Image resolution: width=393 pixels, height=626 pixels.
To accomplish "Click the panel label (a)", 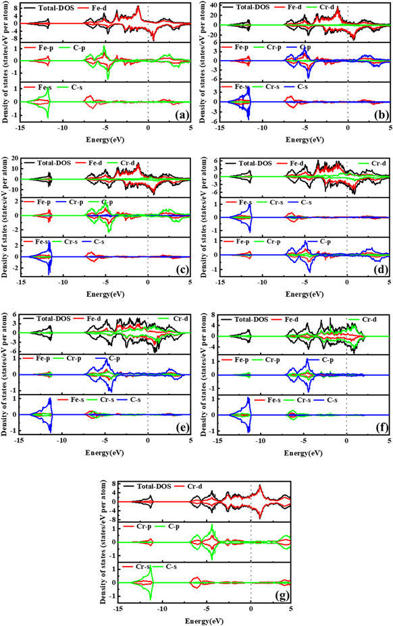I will coord(180,114).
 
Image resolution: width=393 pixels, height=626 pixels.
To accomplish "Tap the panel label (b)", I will coord(379,114).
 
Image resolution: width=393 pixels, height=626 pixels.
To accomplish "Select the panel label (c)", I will coord(180,268).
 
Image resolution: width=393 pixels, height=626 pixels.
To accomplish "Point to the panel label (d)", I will coord(379,268).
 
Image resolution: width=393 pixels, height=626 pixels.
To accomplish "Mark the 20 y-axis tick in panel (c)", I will coord(14,159).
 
